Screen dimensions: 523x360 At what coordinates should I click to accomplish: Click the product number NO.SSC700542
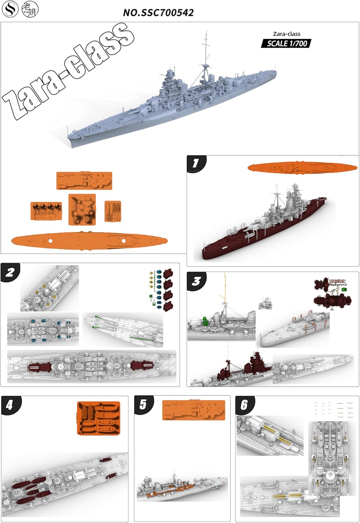coord(158,13)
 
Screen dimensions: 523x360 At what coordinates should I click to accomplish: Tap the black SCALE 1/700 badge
coord(286,44)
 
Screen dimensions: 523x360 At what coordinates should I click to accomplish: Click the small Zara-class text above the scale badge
coord(286,34)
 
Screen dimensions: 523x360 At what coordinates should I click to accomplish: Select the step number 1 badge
coord(196,164)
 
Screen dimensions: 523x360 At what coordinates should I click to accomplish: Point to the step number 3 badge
coord(196,281)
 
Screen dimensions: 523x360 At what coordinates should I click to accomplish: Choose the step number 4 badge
coord(10,405)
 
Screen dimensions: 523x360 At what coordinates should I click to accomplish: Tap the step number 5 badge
coord(143,404)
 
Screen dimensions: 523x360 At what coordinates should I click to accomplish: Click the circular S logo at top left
coord(10,9)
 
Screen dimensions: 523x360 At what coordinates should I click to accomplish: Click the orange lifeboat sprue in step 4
coord(98,418)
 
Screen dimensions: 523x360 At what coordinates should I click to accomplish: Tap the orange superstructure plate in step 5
coord(194,410)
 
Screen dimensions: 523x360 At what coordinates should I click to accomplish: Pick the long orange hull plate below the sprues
coord(89,241)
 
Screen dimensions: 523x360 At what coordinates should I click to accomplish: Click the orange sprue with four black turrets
coord(46,211)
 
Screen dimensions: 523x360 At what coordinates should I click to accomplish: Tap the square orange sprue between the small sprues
coord(82,209)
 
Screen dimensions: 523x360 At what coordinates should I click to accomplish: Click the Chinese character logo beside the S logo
coord(30,9)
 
